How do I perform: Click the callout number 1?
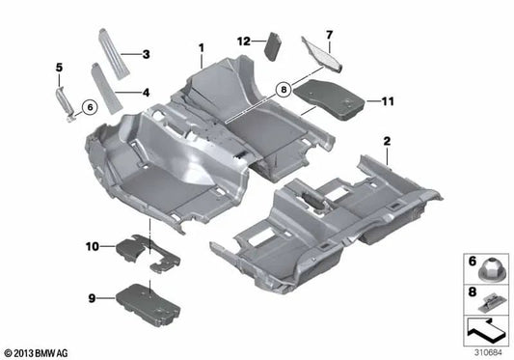pos(203,47)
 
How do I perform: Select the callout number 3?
pos(146,54)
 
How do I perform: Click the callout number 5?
pos(58,67)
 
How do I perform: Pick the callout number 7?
pos(328,35)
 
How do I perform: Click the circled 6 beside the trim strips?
pos(88,107)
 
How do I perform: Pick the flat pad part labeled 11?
pos(324,95)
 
